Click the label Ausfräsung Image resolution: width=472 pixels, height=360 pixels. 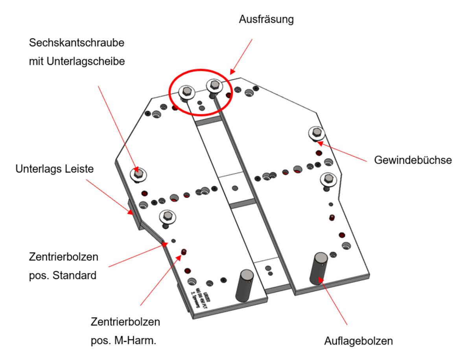click(266, 19)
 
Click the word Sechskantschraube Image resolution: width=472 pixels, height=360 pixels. click(77, 43)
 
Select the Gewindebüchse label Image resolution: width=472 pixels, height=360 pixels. click(413, 160)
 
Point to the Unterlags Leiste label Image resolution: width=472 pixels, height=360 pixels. click(55, 169)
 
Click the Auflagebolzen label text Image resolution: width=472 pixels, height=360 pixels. click(358, 341)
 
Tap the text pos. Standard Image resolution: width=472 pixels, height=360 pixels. click(63, 276)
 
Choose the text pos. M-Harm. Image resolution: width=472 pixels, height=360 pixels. click(124, 340)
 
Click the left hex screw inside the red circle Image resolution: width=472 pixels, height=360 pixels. click(187, 93)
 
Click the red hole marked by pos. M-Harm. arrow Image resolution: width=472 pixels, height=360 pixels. click(183, 252)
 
